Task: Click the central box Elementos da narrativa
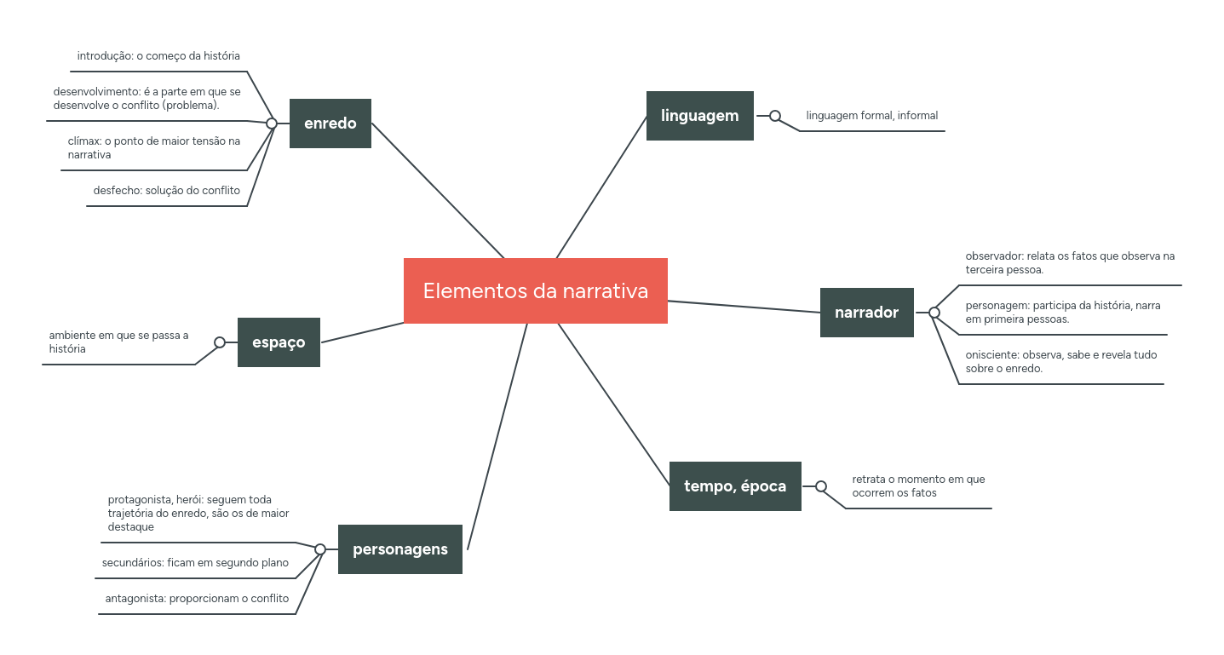[535, 290]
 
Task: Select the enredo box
[330, 124]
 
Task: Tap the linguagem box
[699, 116]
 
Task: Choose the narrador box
[866, 313]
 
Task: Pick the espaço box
[279, 342]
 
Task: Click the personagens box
[399, 549]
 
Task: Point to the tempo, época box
[735, 486]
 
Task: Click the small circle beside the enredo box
[272, 124]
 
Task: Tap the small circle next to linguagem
[775, 116]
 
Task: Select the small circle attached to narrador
[934, 313]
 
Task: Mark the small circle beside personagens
[320, 549]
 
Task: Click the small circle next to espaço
[220, 342]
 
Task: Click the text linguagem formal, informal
[871, 116]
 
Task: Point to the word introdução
[105, 56]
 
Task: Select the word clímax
[84, 141]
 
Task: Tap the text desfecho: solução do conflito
[167, 191]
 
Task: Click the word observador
[994, 256]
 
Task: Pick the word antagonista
[135, 599]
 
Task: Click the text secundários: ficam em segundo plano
[195, 563]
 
